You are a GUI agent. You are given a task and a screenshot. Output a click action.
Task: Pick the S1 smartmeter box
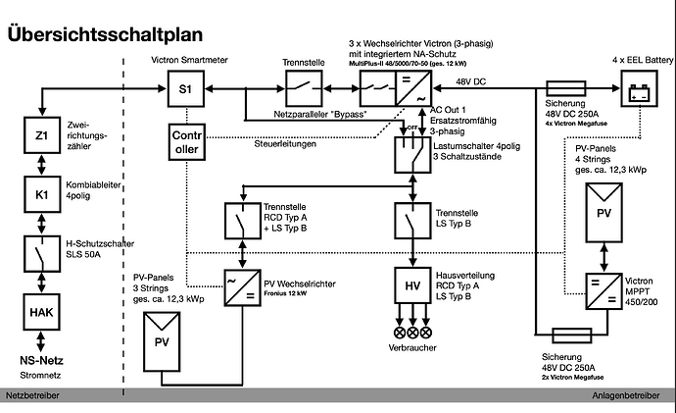click(186, 89)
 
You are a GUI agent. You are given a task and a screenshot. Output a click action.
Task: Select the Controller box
click(186, 144)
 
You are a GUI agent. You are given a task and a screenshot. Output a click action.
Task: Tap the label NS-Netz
click(41, 360)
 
